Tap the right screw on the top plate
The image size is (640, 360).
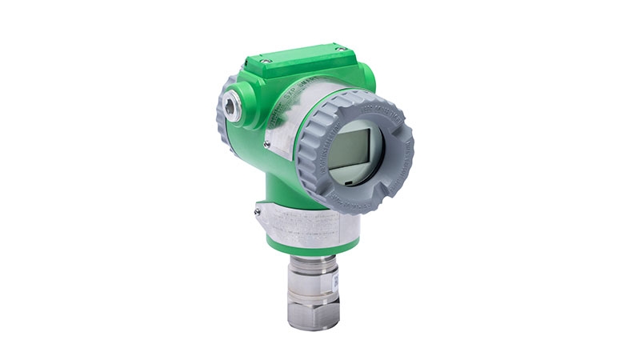coord(340,50)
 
